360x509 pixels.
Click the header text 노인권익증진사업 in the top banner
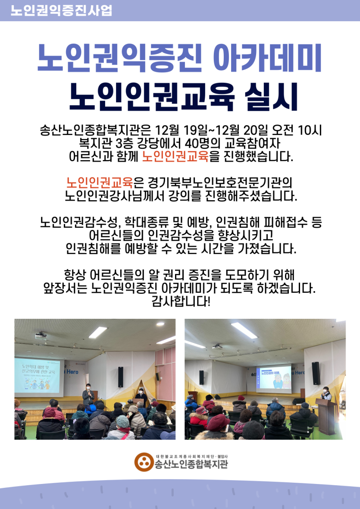[x=61, y=10]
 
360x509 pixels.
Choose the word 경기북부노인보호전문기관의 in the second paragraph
[x=220, y=183]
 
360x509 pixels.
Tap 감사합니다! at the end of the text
[x=181, y=302]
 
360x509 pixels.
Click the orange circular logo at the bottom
[x=144, y=462]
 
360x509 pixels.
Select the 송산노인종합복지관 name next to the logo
[x=191, y=464]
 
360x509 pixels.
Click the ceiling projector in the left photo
[x=41, y=335]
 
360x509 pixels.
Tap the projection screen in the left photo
[x=38, y=376]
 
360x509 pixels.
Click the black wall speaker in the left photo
[x=121, y=377]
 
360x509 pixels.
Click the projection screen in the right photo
[x=273, y=377]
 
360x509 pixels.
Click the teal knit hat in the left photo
[x=122, y=421]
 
